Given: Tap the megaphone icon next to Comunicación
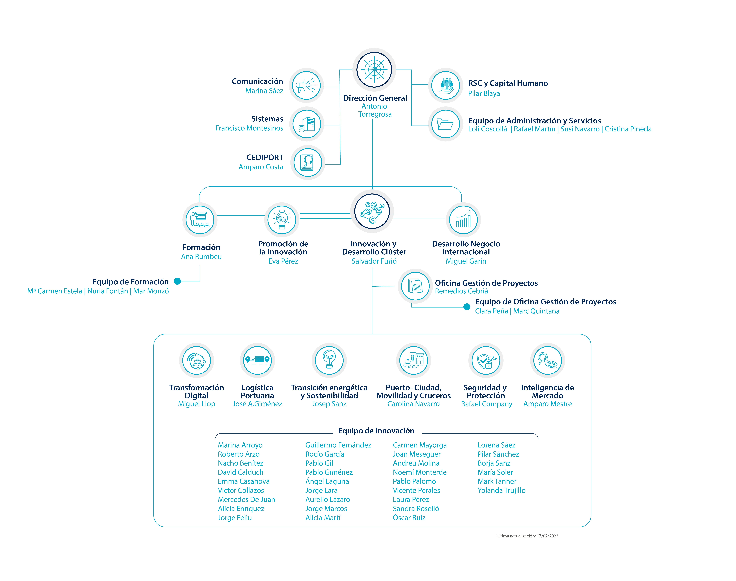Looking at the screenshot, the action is tap(306, 85).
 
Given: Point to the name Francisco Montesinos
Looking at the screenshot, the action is tap(249, 128).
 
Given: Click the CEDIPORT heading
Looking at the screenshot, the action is tap(265, 157).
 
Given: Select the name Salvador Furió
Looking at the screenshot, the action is tap(374, 261).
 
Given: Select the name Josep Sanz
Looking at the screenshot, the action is tap(329, 404).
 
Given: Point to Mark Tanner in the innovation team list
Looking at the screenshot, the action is tap(497, 481).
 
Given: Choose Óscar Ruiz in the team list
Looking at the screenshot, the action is tap(409, 518).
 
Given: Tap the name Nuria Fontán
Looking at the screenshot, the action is tap(108, 291).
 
